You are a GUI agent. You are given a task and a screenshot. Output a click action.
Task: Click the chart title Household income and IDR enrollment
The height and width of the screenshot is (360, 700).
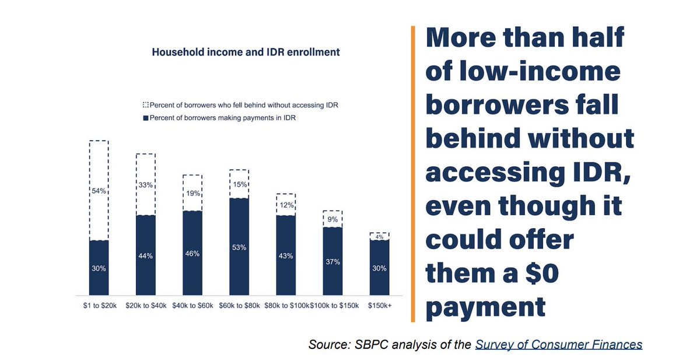tap(246, 52)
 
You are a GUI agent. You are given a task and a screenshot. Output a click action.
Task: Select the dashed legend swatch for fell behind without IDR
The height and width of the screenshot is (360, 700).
tap(145, 106)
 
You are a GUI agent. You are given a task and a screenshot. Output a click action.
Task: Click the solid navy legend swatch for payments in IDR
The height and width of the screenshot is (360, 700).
tap(145, 118)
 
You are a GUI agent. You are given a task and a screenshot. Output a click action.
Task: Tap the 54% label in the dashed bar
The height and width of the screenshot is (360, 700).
tap(99, 191)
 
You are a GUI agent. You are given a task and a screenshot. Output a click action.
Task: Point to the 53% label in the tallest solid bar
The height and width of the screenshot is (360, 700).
tap(239, 247)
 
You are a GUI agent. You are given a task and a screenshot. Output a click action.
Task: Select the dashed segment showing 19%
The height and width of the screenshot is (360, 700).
tap(192, 193)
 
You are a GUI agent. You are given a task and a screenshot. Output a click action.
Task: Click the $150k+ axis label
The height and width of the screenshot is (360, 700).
tap(379, 306)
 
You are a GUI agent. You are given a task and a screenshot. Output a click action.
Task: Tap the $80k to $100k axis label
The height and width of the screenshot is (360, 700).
tap(285, 306)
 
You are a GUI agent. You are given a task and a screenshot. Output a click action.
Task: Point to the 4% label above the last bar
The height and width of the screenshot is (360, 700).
tap(379, 237)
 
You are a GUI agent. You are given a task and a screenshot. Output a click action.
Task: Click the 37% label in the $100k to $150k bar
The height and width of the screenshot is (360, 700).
tap(332, 261)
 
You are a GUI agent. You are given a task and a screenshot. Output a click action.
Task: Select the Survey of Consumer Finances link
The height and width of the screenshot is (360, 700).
tap(558, 344)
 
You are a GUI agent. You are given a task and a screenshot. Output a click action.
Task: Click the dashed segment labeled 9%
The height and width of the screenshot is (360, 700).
tap(332, 219)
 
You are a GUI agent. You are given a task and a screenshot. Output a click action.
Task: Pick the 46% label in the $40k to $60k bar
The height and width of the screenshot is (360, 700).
tap(192, 254)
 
